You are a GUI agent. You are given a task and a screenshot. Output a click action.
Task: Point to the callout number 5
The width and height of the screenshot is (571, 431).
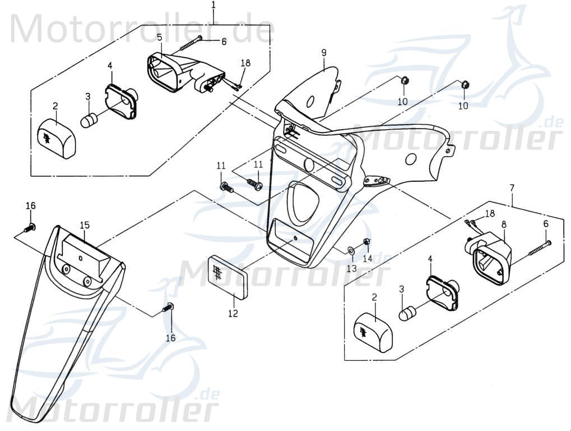(x=160, y=38)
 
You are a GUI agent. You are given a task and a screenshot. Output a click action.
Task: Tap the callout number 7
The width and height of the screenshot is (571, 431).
(x=512, y=187)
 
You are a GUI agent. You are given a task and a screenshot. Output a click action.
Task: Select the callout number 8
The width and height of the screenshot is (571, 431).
(x=504, y=224)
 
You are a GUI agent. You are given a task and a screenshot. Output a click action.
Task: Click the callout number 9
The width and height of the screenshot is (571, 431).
(x=324, y=53)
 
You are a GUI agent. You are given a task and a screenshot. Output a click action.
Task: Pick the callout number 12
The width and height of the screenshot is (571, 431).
(x=233, y=313)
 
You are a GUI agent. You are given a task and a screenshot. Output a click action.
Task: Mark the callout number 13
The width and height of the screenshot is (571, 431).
(x=351, y=269)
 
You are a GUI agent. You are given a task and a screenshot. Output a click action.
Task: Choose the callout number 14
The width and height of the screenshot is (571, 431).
(x=367, y=258)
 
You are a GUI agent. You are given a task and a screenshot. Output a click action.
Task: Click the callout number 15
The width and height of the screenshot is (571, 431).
(x=85, y=225)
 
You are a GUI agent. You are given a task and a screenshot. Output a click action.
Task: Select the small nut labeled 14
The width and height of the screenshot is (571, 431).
(x=366, y=242)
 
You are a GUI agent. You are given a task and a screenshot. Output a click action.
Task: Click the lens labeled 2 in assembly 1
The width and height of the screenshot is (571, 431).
(x=56, y=139)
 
